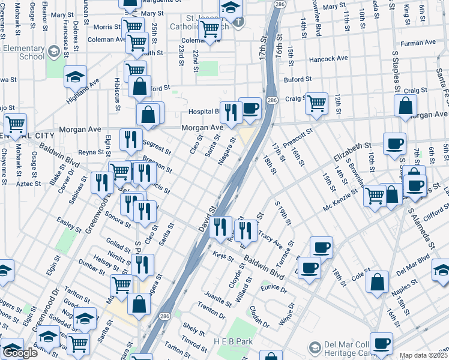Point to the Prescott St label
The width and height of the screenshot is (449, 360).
click(300, 139)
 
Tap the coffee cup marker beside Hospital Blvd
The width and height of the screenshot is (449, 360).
click(250, 109)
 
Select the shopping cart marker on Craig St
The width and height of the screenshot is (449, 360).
click(316, 103)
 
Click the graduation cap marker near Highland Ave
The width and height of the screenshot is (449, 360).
click(76, 77)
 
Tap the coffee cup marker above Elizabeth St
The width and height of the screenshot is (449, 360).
click(394, 143)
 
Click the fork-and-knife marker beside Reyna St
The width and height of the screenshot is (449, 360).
click(130, 140)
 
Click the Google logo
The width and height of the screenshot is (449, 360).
click(20, 353)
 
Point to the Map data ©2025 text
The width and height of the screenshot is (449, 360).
click(423, 355)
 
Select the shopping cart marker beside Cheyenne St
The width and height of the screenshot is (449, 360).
click(16, 124)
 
